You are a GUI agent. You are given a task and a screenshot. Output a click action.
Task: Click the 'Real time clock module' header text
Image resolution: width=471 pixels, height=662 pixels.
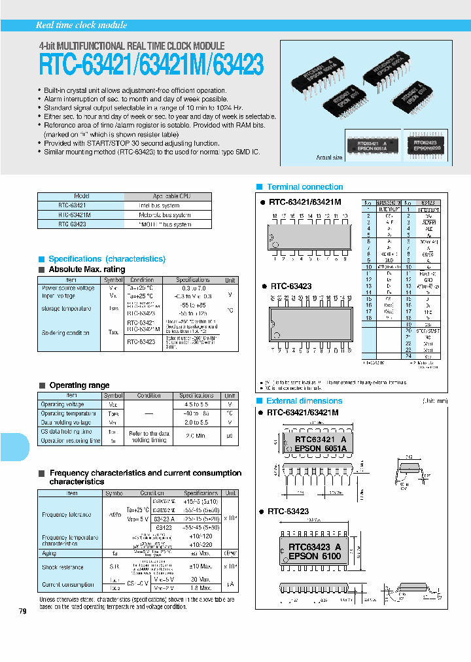coord(81,25)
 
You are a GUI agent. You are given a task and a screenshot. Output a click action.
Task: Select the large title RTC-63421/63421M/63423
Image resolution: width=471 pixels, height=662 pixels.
coord(151,65)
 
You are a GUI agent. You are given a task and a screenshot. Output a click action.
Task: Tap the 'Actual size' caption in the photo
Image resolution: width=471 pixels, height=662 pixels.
coord(329,158)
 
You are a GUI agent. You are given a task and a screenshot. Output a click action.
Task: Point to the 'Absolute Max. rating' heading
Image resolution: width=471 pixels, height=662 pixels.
coord(87,270)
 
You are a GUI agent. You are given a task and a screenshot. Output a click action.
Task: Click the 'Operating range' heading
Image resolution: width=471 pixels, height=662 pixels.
coord(79,385)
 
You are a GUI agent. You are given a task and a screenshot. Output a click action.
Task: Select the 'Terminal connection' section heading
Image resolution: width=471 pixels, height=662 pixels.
coord(305,187)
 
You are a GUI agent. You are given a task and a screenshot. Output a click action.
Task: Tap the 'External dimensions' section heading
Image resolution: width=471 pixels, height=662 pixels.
coord(304,401)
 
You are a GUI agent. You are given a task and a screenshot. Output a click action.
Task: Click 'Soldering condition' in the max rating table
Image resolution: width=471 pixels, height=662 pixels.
coord(65,332)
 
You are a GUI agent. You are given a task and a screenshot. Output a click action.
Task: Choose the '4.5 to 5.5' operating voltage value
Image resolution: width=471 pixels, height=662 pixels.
coord(196,404)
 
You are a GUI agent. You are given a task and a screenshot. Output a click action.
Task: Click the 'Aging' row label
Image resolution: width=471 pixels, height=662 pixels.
coord(49,553)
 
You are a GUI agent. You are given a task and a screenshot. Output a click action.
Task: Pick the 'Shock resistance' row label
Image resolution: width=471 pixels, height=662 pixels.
coord(62,567)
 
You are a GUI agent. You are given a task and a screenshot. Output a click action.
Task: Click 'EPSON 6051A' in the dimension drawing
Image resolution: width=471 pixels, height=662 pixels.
coord(321,448)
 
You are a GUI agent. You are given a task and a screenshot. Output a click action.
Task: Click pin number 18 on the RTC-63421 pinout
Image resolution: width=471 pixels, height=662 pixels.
coord(275,215)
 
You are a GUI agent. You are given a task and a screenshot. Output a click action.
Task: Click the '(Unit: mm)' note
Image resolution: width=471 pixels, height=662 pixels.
coord(434,400)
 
